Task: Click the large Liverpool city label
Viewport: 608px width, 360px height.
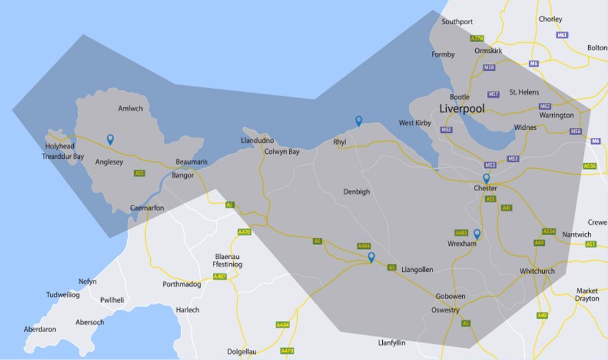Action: click(x=462, y=109)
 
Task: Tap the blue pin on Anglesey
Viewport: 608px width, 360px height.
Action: click(x=110, y=140)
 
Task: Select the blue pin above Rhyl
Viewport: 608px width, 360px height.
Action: click(x=359, y=121)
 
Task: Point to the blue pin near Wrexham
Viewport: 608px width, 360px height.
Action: click(x=477, y=234)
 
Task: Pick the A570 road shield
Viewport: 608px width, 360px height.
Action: click(x=476, y=38)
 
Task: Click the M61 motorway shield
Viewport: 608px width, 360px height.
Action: click(x=562, y=35)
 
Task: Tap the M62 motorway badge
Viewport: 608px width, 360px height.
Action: click(x=545, y=106)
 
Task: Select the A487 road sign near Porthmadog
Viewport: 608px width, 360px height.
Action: click(x=220, y=277)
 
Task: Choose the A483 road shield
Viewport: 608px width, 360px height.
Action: click(x=461, y=233)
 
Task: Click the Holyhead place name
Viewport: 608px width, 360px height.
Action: click(x=60, y=146)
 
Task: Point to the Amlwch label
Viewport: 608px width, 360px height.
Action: click(x=130, y=109)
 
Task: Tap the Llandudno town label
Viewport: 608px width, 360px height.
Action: click(x=257, y=141)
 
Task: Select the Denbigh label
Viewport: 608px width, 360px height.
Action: click(x=356, y=192)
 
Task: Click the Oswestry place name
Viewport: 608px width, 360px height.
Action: click(x=445, y=310)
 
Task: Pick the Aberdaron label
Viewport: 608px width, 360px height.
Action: click(x=40, y=330)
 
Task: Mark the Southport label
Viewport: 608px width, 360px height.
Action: click(x=457, y=22)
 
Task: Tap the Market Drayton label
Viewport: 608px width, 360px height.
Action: click(x=587, y=295)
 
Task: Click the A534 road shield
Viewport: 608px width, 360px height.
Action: click(x=548, y=232)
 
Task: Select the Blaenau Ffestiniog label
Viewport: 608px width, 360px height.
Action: click(x=227, y=261)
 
